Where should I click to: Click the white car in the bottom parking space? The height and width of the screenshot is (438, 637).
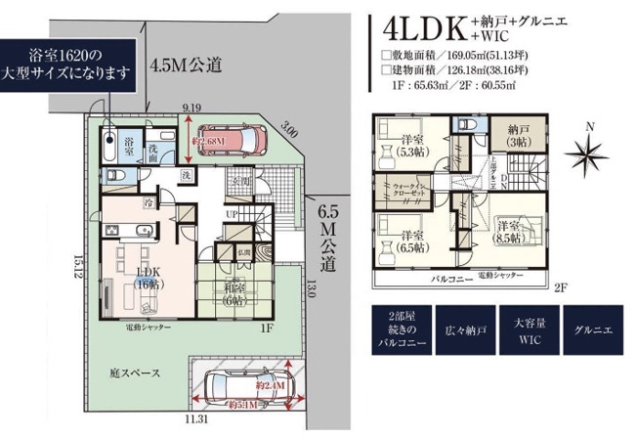tap(247, 393)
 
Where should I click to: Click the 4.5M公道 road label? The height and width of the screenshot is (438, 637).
tap(187, 66)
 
